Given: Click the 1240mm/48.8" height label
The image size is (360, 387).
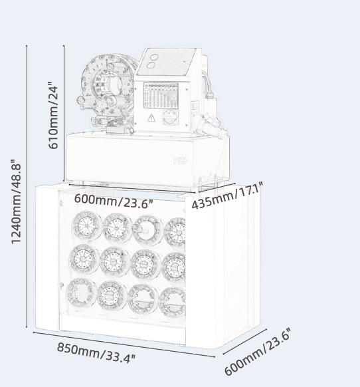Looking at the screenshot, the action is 16,201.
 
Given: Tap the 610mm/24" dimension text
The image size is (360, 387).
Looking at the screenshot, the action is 53,115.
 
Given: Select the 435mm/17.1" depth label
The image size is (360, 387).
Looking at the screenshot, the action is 227,195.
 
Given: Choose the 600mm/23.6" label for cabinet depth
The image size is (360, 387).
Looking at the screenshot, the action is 258,352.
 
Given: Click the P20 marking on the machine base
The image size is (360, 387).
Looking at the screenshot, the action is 180,161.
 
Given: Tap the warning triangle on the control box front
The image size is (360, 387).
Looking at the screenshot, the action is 151,118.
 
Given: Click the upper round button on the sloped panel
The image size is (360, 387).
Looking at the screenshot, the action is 154,57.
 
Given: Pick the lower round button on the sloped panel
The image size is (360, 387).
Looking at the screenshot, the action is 151,66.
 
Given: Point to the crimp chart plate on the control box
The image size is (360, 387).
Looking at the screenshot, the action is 161,96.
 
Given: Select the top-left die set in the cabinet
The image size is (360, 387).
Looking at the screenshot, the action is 87,225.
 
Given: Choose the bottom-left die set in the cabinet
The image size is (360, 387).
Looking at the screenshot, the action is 81,293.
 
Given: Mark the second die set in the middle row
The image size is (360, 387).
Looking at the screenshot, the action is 115,261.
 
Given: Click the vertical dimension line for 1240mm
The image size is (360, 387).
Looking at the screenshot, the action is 27,186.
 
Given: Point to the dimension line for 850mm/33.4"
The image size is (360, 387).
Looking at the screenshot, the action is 124,344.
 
